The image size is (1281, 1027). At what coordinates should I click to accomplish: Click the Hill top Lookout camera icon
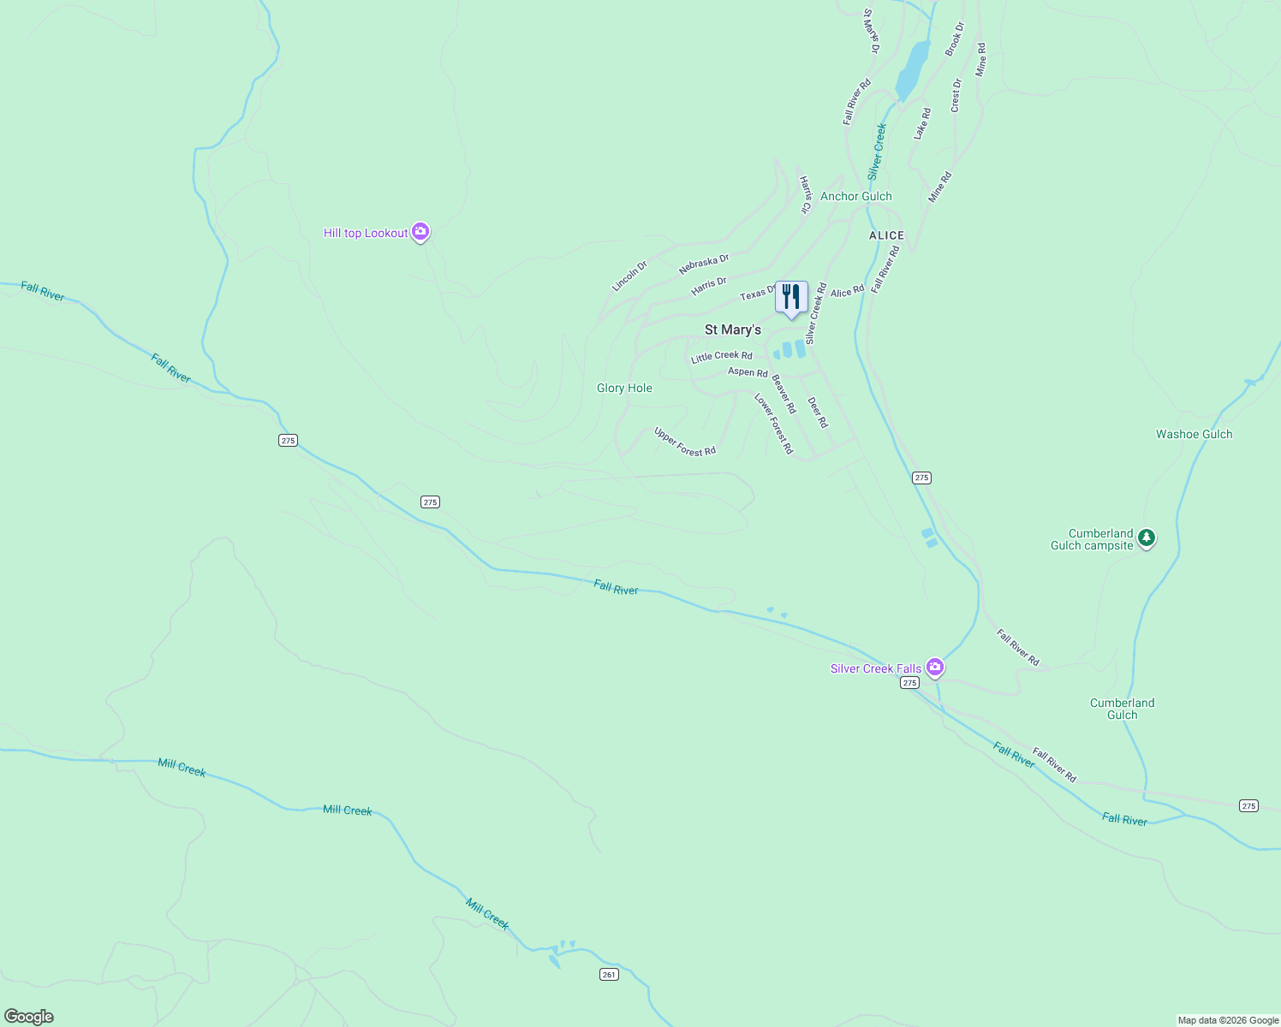(420, 232)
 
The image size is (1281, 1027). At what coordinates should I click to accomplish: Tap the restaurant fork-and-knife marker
(791, 298)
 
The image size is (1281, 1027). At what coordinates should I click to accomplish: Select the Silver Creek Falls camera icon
(934, 667)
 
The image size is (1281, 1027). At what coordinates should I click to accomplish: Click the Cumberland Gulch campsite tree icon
(1147, 538)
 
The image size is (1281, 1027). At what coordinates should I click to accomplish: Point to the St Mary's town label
(732, 329)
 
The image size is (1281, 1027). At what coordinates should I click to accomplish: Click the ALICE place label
(886, 235)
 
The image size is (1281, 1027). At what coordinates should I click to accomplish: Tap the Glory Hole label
(624, 388)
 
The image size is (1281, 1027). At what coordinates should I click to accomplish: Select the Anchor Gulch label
(855, 196)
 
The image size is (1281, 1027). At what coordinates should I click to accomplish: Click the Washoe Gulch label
(1194, 434)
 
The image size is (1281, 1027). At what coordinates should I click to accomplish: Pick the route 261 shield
(608, 974)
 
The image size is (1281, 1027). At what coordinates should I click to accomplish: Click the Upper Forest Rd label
(684, 442)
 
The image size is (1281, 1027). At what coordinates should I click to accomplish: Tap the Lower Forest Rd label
(773, 424)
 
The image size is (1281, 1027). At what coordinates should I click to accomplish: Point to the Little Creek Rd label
(722, 356)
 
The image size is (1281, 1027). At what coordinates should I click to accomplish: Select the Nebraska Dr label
(704, 264)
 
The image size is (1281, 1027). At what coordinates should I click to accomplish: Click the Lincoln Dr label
(629, 276)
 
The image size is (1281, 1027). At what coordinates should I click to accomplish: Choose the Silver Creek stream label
(877, 151)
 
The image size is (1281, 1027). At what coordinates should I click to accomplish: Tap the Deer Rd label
(818, 413)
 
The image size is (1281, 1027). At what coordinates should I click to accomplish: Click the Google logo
(29, 1017)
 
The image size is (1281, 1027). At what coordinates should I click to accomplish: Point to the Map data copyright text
(1228, 1020)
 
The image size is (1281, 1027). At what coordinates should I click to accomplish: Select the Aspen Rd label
(748, 372)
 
